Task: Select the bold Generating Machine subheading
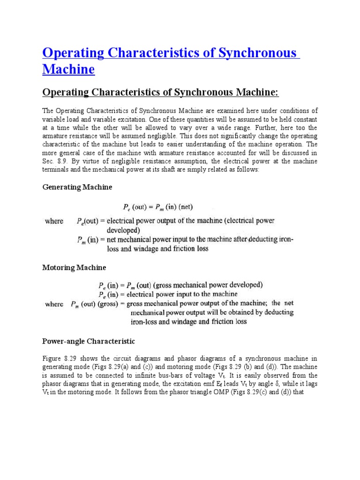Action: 77,187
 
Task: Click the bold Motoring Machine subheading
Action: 74,268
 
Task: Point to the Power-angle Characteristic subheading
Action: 89,341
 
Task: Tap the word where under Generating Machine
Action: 54,221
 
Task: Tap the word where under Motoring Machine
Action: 54,304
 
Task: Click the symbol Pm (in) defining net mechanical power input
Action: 88,240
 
